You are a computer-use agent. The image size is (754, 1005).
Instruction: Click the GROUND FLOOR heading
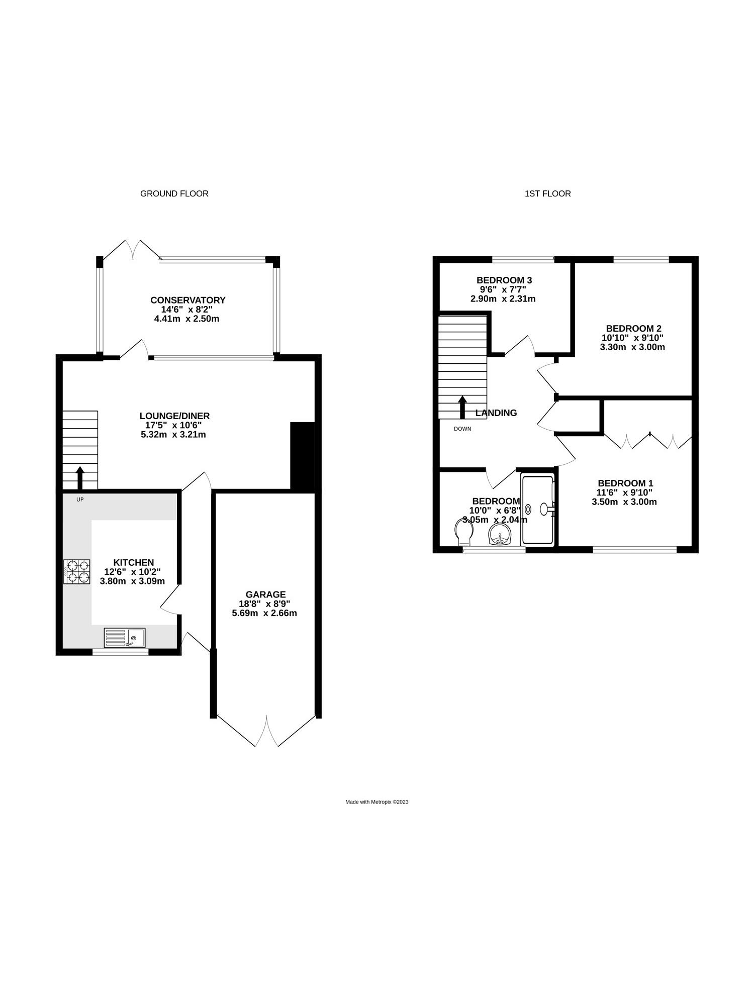(x=174, y=193)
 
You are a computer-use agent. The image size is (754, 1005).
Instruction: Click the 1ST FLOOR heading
(x=547, y=193)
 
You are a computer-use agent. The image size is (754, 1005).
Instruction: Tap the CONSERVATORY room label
(x=188, y=300)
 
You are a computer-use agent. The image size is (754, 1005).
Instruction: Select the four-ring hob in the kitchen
(x=77, y=572)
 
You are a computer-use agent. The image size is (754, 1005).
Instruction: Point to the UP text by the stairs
(x=80, y=499)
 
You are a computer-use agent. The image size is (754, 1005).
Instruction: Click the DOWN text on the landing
(x=462, y=429)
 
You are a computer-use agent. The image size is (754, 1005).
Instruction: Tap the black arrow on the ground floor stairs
(x=80, y=477)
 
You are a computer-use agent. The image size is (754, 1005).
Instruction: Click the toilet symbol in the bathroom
(x=463, y=532)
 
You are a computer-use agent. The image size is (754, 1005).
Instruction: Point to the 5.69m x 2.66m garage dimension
(x=264, y=613)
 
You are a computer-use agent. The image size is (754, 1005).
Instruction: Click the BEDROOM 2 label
(x=633, y=329)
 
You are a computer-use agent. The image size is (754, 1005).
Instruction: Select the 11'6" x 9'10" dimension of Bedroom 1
(x=624, y=492)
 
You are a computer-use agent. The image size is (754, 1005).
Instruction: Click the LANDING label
(x=496, y=413)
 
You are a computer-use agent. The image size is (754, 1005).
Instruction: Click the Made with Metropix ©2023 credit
(x=377, y=802)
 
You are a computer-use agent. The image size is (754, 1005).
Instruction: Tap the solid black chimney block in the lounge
(x=303, y=455)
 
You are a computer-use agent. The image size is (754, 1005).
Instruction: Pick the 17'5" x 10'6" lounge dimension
(x=173, y=425)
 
